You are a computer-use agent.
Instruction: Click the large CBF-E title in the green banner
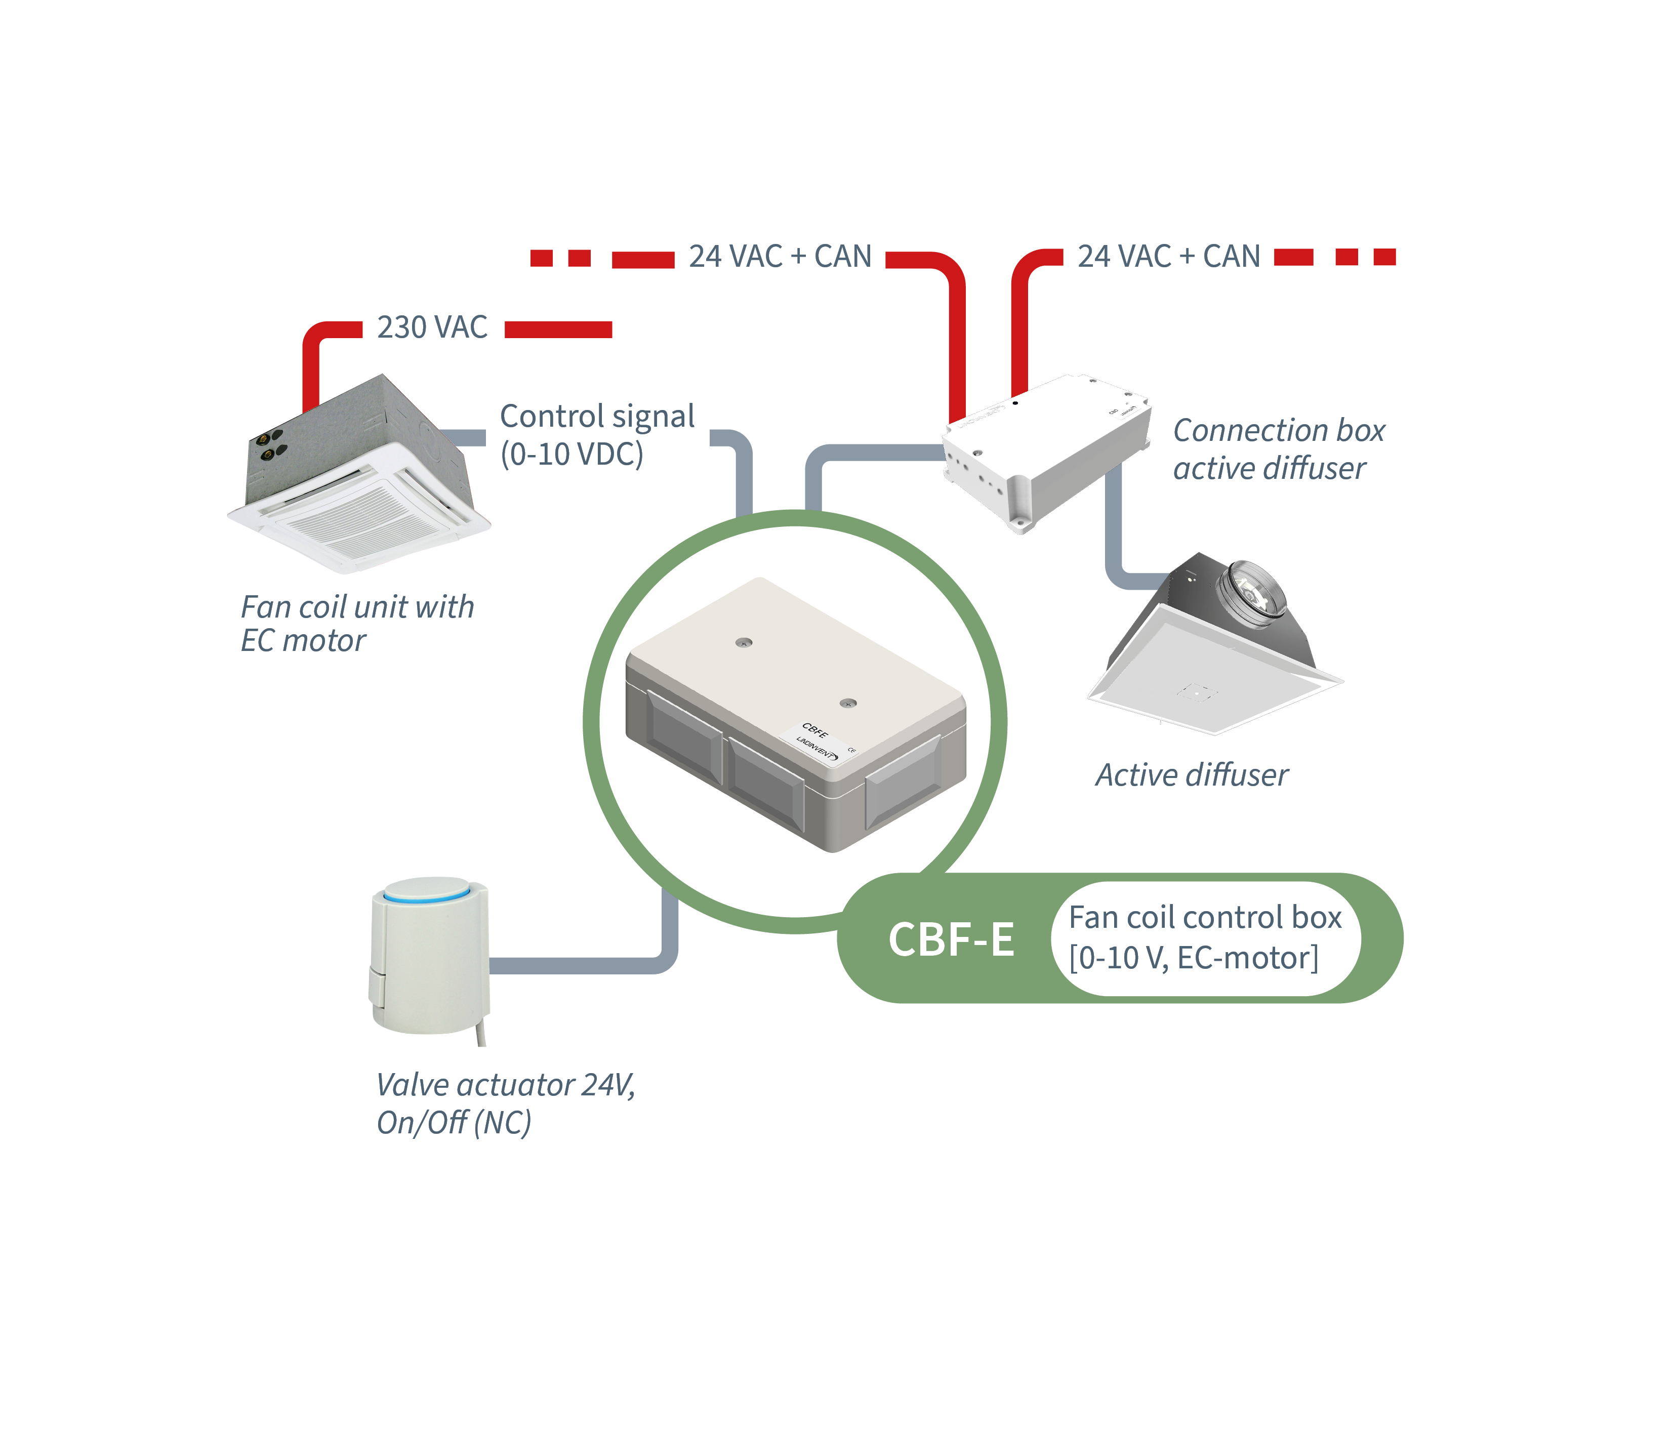coord(951,939)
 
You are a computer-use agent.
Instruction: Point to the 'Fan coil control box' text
coord(1205,918)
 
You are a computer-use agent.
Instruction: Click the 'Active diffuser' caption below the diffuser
coord(1192,775)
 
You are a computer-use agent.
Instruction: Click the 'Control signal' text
coord(597,416)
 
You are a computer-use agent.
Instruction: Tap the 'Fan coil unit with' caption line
coord(357,607)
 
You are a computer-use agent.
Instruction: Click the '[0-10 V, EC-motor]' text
coord(1193,958)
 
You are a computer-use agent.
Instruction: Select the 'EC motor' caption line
coord(303,641)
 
